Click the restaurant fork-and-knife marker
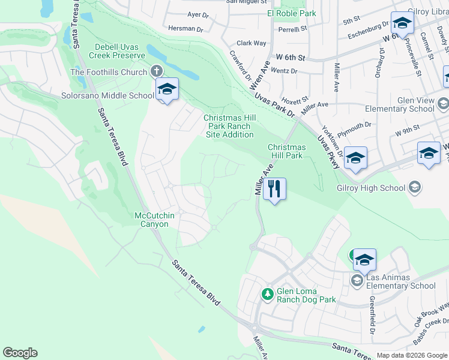[x=274, y=189]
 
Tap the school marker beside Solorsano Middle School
[x=167, y=89]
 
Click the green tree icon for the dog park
[x=267, y=294]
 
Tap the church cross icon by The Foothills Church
[x=157, y=71]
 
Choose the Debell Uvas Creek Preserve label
[x=119, y=51]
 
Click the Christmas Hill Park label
[x=286, y=151]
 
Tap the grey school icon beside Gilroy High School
[x=414, y=188]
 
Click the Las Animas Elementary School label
[x=400, y=281]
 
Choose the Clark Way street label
[x=251, y=43]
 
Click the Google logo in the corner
[x=20, y=353]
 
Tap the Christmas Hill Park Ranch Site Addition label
[x=230, y=126]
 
